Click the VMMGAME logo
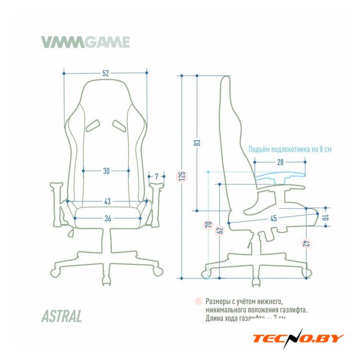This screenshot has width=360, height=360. tap(85, 42)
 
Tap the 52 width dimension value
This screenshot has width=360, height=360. tap(106, 73)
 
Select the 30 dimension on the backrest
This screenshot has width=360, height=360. tap(106, 170)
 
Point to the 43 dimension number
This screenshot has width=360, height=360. tap(106, 201)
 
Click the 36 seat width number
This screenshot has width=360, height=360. tap(106, 218)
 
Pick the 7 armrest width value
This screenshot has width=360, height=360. tap(156, 176)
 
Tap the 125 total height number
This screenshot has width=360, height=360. tap(182, 176)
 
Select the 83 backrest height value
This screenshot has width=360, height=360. tap(197, 142)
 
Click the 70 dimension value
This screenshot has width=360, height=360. tap(208, 225)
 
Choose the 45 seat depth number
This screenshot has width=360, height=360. tap(273, 218)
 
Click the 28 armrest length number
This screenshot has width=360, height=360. tap(280, 162)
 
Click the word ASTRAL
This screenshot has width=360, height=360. tap(61, 316)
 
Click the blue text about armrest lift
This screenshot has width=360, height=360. tap(290, 150)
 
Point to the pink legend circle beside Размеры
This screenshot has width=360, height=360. tap(198, 301)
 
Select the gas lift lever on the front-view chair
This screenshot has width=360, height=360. tap(70, 231)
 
